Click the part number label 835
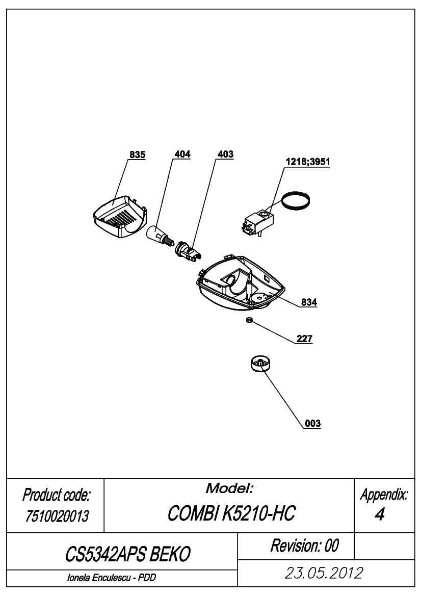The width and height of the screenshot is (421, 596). click(137, 154)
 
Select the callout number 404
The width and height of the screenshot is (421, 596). click(182, 154)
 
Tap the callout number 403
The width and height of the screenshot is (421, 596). click(225, 154)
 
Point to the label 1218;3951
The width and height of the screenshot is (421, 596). click(308, 162)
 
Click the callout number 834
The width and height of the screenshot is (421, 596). click(309, 302)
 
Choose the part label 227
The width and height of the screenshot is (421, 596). click(304, 339)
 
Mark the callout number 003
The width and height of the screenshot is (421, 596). click(313, 424)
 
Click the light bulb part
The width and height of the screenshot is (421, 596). click(160, 235)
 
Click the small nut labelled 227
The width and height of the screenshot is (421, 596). click(249, 320)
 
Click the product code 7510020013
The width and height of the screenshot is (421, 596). click(57, 516)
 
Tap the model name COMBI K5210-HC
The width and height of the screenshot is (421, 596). click(231, 513)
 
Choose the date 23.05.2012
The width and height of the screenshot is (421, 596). click(324, 573)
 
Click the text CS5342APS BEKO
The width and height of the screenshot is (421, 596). click(127, 554)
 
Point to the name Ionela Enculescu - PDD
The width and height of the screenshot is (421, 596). click(112, 578)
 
